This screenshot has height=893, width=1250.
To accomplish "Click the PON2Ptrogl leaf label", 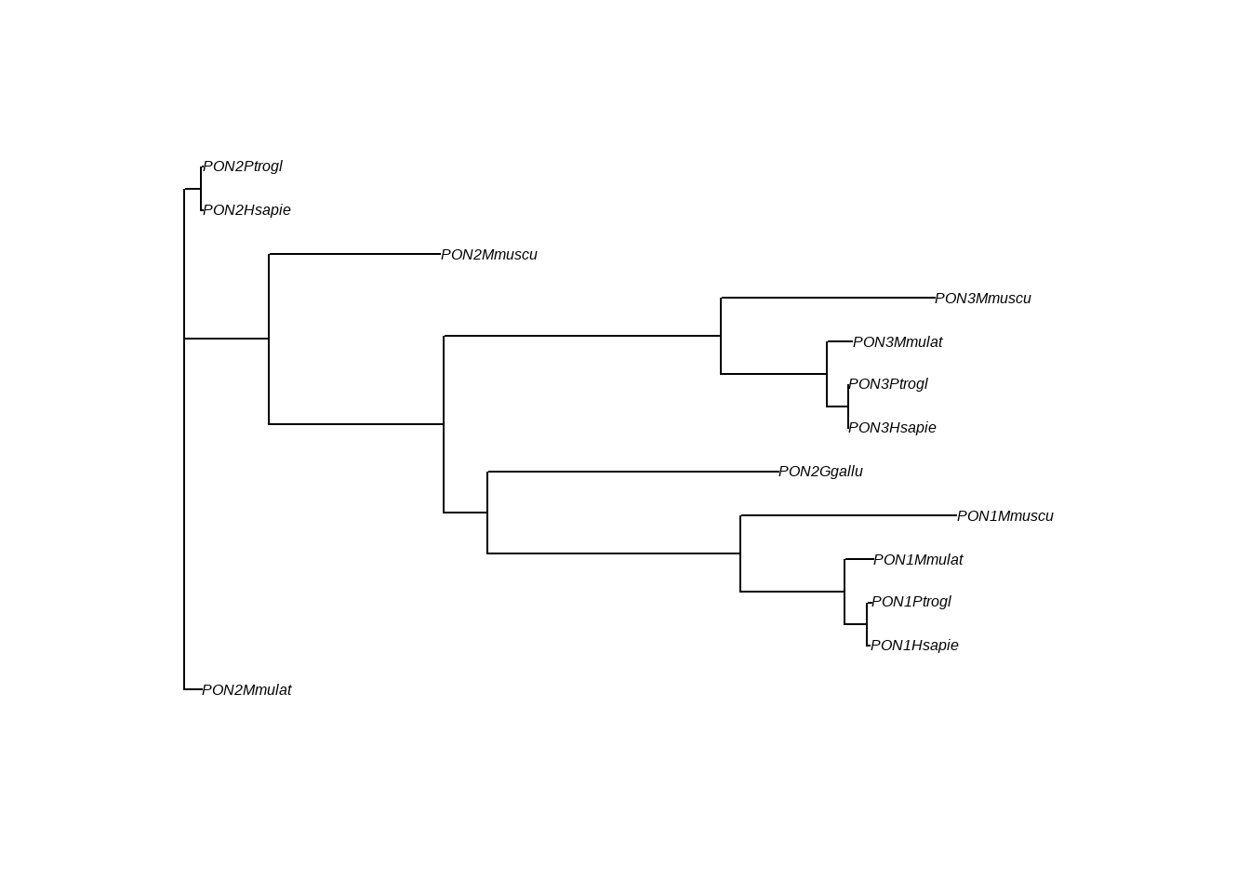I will coord(243,167).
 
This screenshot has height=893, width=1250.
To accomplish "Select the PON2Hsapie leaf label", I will coord(246,210).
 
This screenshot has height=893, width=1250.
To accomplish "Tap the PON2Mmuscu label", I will coord(489,255).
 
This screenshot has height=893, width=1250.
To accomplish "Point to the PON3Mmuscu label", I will coord(983,299).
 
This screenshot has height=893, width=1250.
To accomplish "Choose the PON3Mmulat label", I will coord(898,342).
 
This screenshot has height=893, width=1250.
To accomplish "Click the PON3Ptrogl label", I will coord(888,384).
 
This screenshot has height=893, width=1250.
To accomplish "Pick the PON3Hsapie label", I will coord(892,428).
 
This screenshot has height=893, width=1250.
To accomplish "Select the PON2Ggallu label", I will coord(820,472).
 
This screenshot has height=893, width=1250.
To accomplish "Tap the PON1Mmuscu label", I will coord(1005,516).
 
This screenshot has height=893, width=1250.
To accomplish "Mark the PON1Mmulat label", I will coord(918,560).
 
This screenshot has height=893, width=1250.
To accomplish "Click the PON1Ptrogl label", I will coord(911,602).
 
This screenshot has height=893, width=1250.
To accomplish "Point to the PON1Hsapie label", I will coord(914,646).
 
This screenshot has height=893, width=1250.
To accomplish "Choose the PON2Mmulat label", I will coord(246,690).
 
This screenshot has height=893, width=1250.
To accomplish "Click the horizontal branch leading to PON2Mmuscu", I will coord(354,254).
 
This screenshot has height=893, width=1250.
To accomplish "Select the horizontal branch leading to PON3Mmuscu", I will coord(828,298).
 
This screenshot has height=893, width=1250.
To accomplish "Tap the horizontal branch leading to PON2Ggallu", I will coord(632,472).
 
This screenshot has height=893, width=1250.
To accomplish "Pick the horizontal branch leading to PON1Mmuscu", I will coord(848,515).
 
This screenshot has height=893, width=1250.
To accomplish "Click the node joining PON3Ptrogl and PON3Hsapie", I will coord(848,407).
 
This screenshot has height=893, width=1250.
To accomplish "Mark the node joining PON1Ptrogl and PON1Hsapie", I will coord(867,624).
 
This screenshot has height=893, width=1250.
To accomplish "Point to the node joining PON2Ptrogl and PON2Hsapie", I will coord(201,189).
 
